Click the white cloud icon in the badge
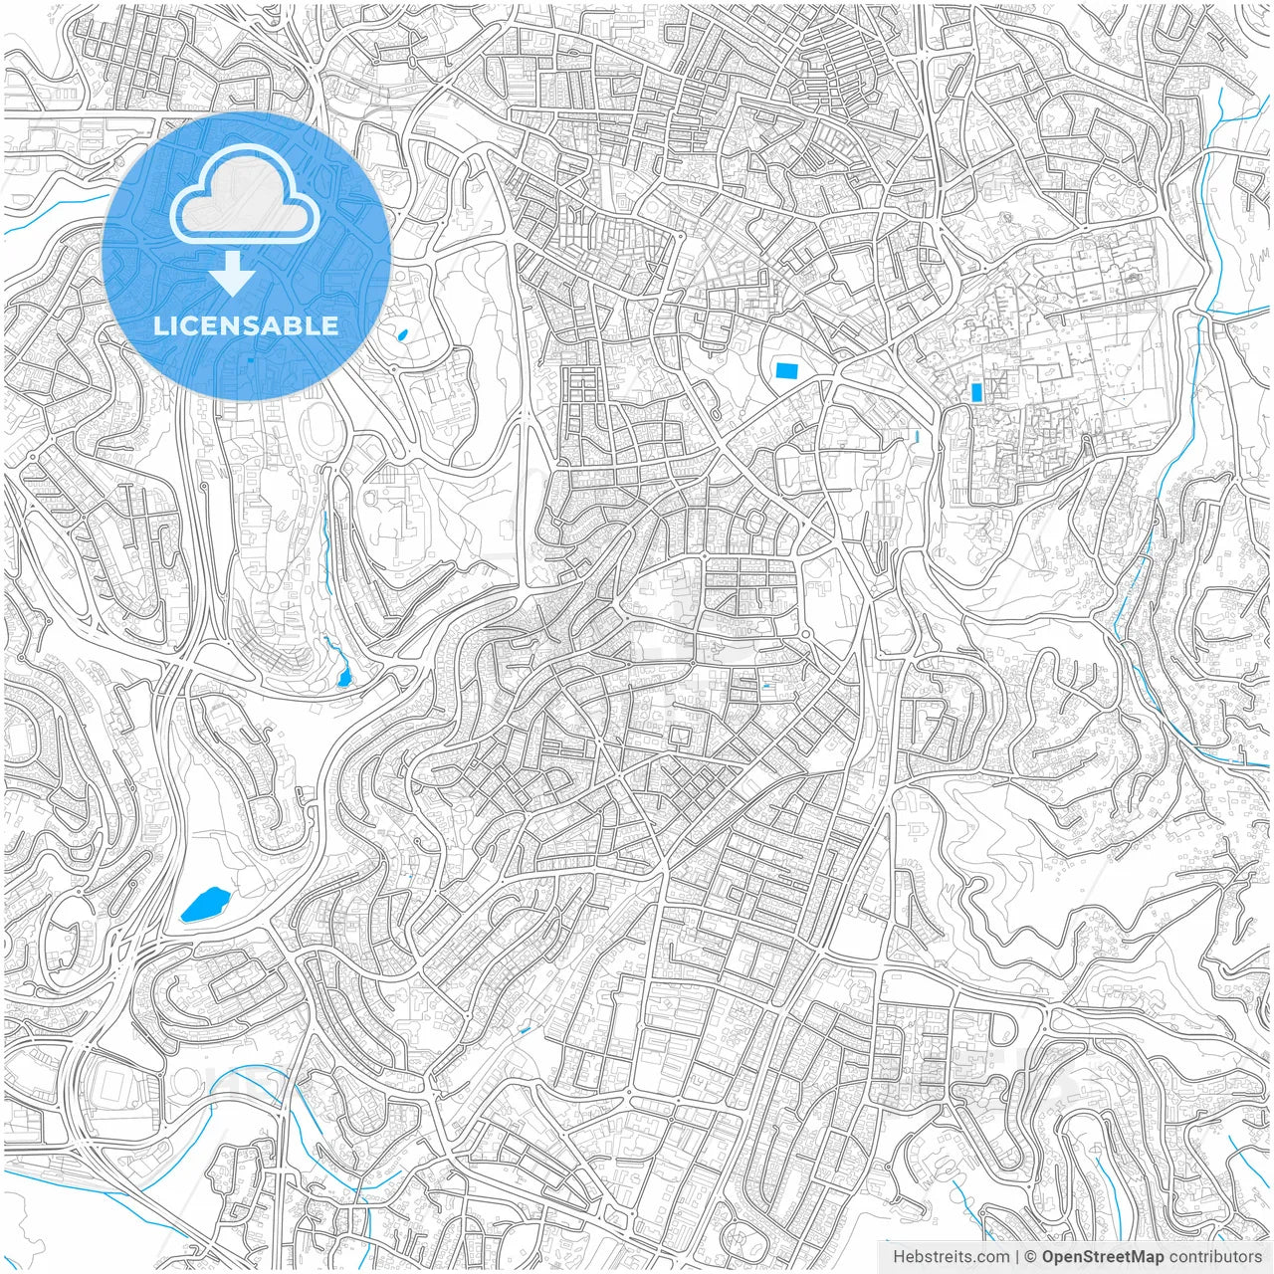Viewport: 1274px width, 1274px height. [244, 199]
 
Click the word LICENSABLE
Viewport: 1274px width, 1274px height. [246, 325]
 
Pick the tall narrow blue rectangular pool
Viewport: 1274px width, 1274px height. [976, 392]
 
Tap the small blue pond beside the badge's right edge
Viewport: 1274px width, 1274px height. [402, 333]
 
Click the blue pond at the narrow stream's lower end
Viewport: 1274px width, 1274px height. [344, 678]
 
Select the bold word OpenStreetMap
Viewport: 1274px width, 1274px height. [1102, 1257]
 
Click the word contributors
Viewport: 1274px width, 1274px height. [1215, 1257]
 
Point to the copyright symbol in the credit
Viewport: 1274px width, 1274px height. [1031, 1257]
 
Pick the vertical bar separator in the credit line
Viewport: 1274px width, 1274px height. [1016, 1257]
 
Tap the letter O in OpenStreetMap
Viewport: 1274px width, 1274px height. [1049, 1257]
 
